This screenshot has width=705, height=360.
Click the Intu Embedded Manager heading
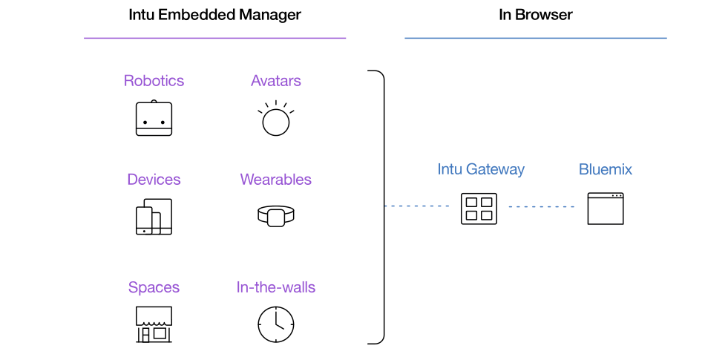(x=214, y=15)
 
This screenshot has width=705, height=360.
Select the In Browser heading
(x=536, y=15)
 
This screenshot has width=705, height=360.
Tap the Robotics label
(x=154, y=80)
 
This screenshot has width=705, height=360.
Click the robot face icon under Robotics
(x=154, y=118)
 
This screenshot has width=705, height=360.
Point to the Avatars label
(x=275, y=80)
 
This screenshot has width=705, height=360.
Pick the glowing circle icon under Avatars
(x=275, y=118)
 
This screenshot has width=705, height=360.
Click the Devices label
(x=154, y=180)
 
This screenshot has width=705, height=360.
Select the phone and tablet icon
(x=154, y=217)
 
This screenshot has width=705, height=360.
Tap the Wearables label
(x=275, y=180)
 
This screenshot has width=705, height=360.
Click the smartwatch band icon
(x=275, y=216)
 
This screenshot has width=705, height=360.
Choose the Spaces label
(x=154, y=288)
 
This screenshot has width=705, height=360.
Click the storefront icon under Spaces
(x=154, y=324)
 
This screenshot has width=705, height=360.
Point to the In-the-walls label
(x=275, y=287)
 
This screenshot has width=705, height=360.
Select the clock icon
(x=275, y=324)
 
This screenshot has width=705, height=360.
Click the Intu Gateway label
(x=481, y=169)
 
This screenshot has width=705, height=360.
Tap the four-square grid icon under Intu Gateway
(x=479, y=209)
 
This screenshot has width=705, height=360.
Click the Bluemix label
(x=605, y=169)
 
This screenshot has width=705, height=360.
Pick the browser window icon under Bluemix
(x=605, y=209)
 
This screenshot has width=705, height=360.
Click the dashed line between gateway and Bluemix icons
(x=542, y=207)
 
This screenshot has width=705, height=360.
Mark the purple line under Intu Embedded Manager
(x=214, y=38)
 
